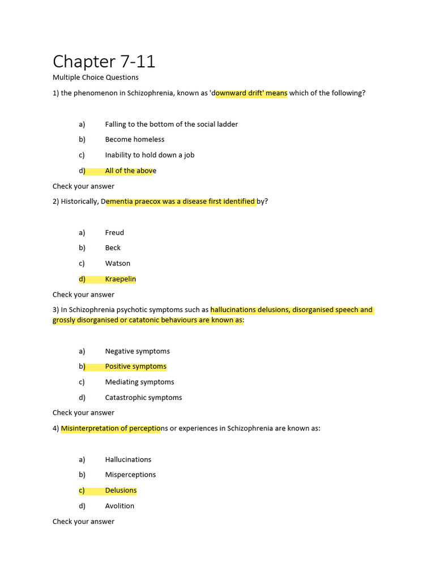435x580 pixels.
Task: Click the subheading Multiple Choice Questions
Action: (95, 77)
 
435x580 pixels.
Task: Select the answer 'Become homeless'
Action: (135, 139)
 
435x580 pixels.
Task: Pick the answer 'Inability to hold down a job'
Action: (150, 155)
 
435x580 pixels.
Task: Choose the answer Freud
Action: (114, 232)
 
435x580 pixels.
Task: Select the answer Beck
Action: (113, 248)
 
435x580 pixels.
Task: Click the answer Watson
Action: (117, 263)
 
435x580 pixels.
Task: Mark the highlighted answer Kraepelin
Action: (120, 279)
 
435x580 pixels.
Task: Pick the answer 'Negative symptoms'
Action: (137, 351)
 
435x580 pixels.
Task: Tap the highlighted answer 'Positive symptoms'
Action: (136, 366)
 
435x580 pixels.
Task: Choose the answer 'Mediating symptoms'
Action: (139, 382)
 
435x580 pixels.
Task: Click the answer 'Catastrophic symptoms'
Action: (143, 398)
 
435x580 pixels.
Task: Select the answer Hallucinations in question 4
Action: (128, 459)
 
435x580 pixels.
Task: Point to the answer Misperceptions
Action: (130, 475)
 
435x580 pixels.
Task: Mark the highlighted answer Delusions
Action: (121, 491)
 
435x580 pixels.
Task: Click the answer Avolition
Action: (120, 506)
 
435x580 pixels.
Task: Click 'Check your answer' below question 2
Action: (83, 295)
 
